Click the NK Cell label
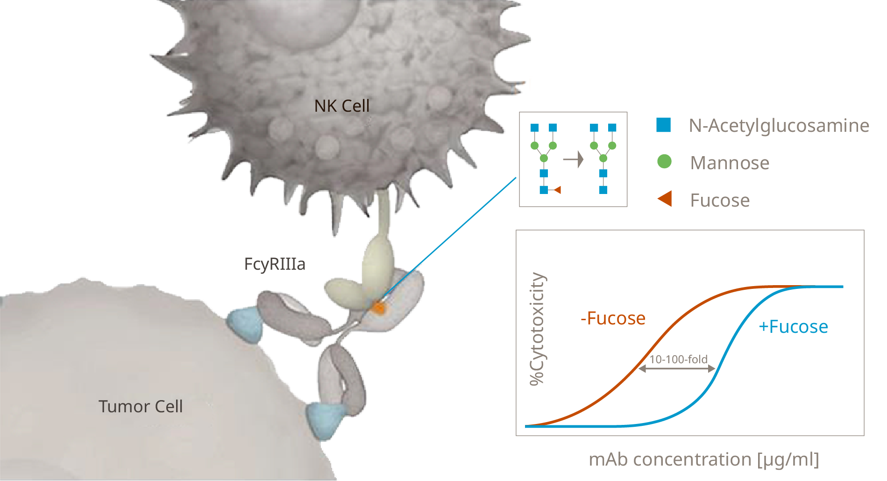(342, 106)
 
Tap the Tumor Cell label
(140, 406)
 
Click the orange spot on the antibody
(378, 308)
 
